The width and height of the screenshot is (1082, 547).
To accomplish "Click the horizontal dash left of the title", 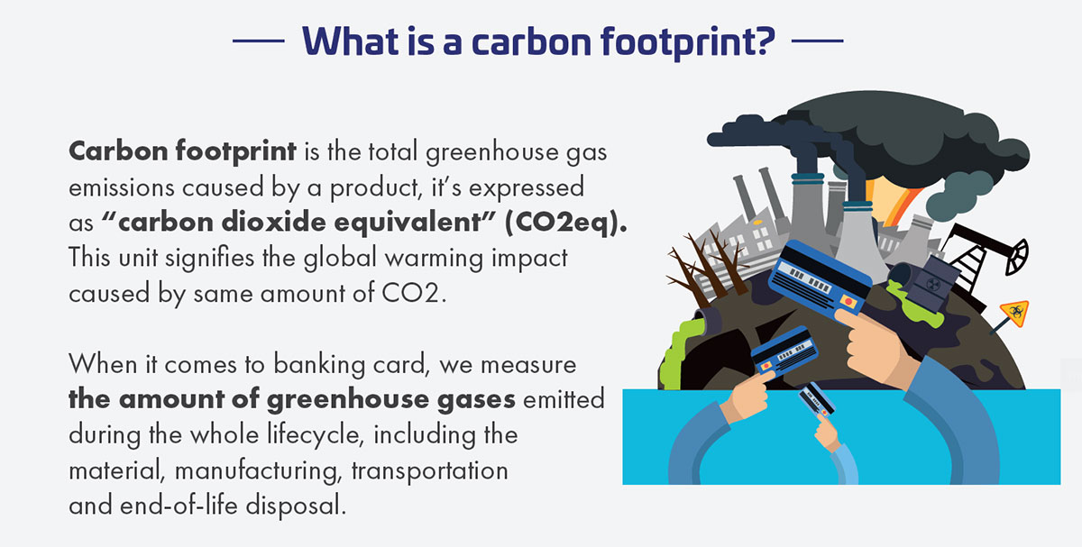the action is (259, 41).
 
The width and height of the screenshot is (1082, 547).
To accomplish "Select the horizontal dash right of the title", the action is (817, 41).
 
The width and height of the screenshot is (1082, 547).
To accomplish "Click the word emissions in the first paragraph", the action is (122, 187).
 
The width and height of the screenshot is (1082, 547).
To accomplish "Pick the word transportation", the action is (429, 470).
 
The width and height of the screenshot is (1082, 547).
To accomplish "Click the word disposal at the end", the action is (296, 506).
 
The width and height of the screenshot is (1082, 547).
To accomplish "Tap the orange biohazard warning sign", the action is (1015, 313).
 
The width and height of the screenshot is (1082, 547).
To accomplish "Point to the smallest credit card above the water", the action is (816, 400).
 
